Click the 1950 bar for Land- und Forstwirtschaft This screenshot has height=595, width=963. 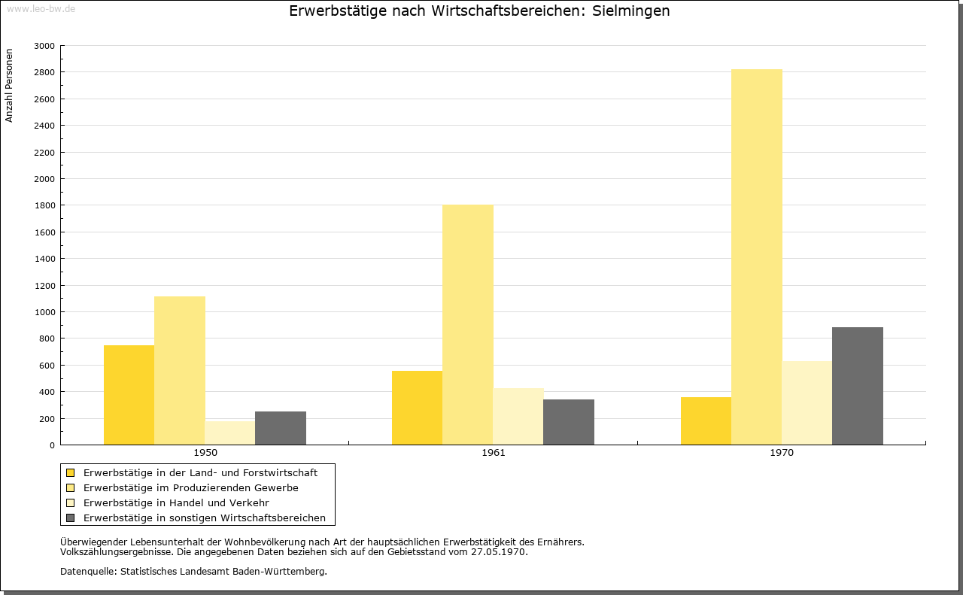point(129,395)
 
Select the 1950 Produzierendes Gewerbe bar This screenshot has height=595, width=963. point(180,370)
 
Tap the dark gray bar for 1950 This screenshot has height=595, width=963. point(281,428)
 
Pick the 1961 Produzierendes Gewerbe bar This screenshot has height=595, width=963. point(468,324)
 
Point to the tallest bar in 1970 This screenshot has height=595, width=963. point(757,257)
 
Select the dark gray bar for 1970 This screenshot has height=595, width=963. point(858,386)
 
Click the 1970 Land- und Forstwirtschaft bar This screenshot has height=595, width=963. point(706,420)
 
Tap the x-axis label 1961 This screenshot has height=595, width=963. point(494,453)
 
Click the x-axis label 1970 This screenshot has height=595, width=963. point(782,453)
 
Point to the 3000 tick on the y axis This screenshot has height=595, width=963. point(45,46)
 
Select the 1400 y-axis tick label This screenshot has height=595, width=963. point(45,259)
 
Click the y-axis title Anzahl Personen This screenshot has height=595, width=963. point(10,86)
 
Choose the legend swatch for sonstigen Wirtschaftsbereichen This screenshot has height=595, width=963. point(71,518)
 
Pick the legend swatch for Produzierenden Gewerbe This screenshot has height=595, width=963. point(71,487)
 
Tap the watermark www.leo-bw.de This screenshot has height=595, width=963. point(40,8)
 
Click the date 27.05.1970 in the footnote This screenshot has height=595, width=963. point(499,551)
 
